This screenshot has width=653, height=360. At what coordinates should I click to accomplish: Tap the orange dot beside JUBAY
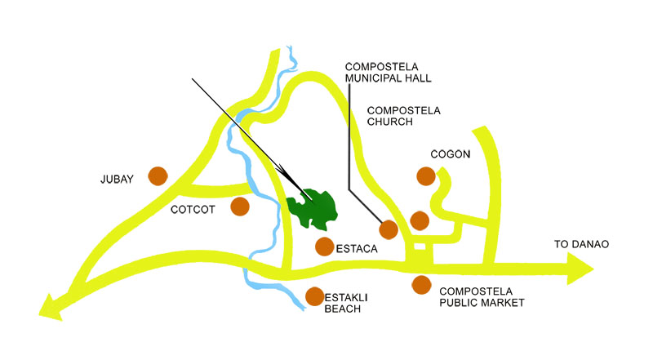(158, 176)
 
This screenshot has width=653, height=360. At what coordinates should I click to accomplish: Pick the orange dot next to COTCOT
(239, 206)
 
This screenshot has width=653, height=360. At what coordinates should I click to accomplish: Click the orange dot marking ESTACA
(324, 246)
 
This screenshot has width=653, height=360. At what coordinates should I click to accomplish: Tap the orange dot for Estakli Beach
(314, 297)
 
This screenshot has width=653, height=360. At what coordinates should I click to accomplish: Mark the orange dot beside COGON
(425, 176)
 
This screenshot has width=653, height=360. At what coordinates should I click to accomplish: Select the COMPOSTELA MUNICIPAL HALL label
(388, 73)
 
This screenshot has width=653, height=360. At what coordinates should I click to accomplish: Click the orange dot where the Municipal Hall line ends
(389, 229)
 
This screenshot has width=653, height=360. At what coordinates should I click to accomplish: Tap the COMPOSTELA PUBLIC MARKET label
(481, 296)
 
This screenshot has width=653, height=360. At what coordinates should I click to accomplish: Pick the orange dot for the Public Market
(421, 285)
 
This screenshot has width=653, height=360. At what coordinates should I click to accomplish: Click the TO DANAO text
(581, 244)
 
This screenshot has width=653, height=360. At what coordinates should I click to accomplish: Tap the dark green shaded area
(314, 209)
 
